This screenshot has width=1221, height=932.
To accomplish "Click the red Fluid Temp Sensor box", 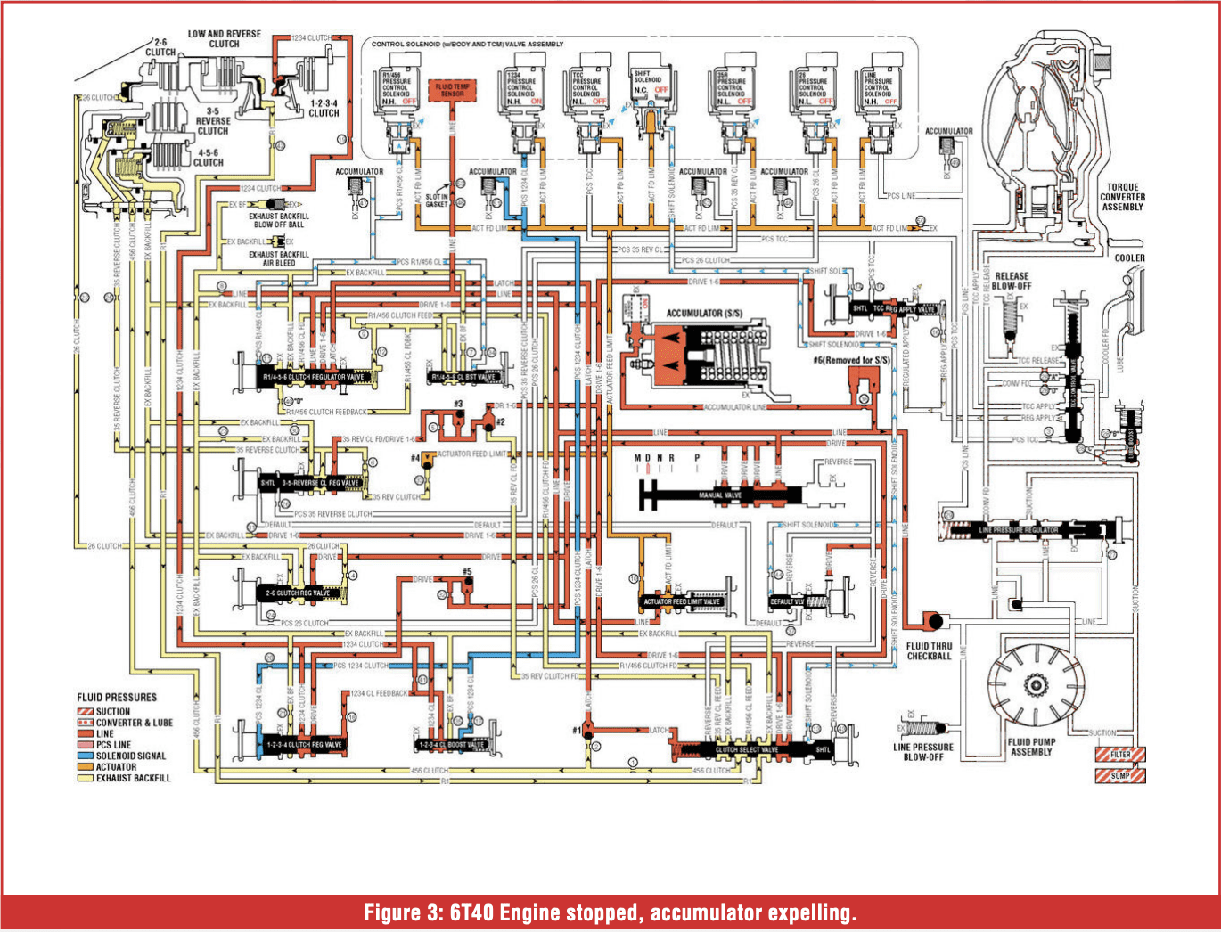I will coord(453,90).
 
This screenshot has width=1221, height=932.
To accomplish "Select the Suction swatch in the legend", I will coord(86,711).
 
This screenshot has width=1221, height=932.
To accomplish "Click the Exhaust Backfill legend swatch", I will coord(86,778).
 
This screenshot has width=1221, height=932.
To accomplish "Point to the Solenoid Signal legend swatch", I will coord(86,756).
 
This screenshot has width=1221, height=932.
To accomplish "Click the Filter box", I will coord(1119,754).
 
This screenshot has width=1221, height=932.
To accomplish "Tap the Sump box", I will coord(1119,775).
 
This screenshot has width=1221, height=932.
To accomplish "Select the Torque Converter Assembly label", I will coord(1122,197).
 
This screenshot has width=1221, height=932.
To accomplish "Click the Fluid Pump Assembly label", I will coord(1031,747).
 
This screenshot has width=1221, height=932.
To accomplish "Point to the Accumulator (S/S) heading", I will coord(704,313).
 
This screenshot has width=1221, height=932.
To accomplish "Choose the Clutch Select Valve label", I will coord(747,749).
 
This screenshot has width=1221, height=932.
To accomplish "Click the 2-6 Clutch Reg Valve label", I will coord(298,593).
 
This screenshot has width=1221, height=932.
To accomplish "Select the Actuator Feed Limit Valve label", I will coord(682,601).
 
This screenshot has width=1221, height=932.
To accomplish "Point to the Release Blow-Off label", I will coord(1012,281).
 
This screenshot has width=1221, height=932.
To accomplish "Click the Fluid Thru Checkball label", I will coord(929,651).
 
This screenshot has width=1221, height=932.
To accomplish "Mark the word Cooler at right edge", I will coord(1129,258).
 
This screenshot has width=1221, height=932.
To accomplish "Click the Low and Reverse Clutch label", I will coord(224,38).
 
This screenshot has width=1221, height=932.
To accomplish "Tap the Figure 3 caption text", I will coord(610,913).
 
